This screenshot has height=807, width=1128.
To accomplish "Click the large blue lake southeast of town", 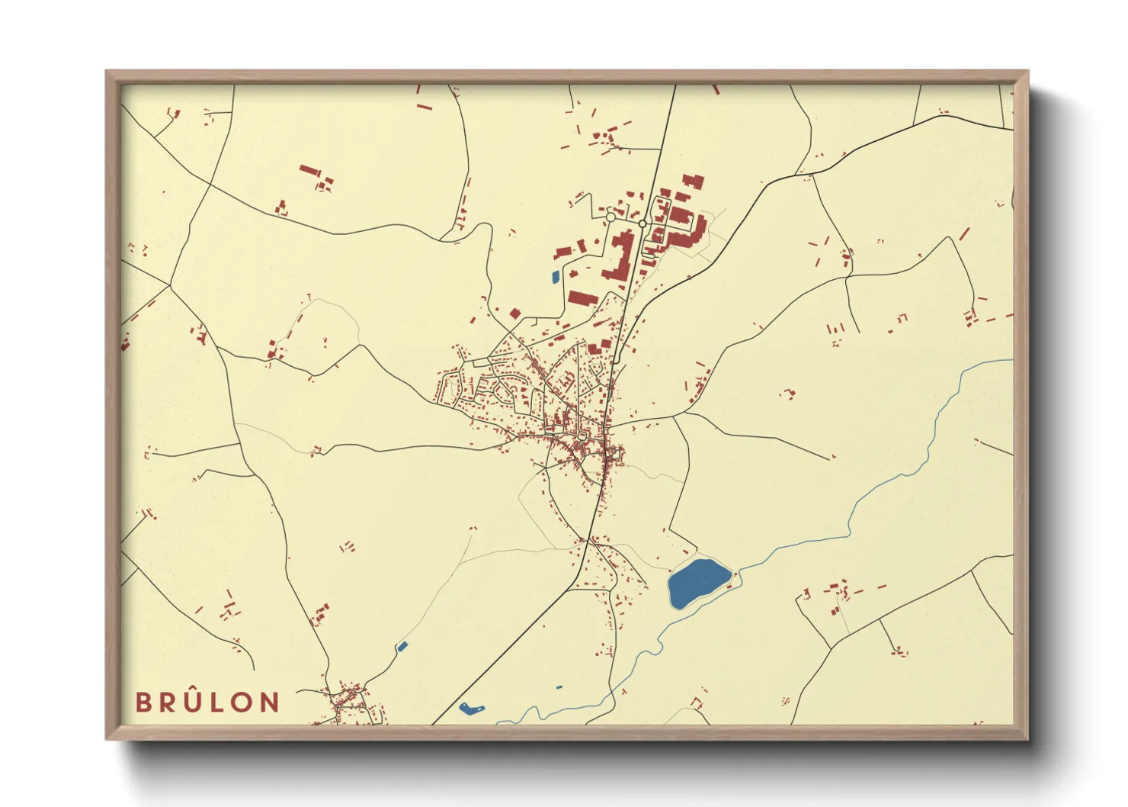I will pos(697,583).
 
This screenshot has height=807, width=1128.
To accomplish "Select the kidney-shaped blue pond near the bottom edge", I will pos(471,709).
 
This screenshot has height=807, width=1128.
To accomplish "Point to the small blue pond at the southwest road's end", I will pos(402,647).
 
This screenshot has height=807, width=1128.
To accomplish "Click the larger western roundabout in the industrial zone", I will pos(610,217).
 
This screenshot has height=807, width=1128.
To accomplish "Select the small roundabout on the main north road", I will pos(643,223).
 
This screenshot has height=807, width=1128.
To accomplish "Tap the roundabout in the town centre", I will pos(584,436).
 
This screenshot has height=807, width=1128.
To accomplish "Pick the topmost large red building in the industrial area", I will pos(693,182).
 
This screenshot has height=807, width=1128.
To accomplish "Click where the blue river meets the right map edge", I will pos(1012,361).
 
